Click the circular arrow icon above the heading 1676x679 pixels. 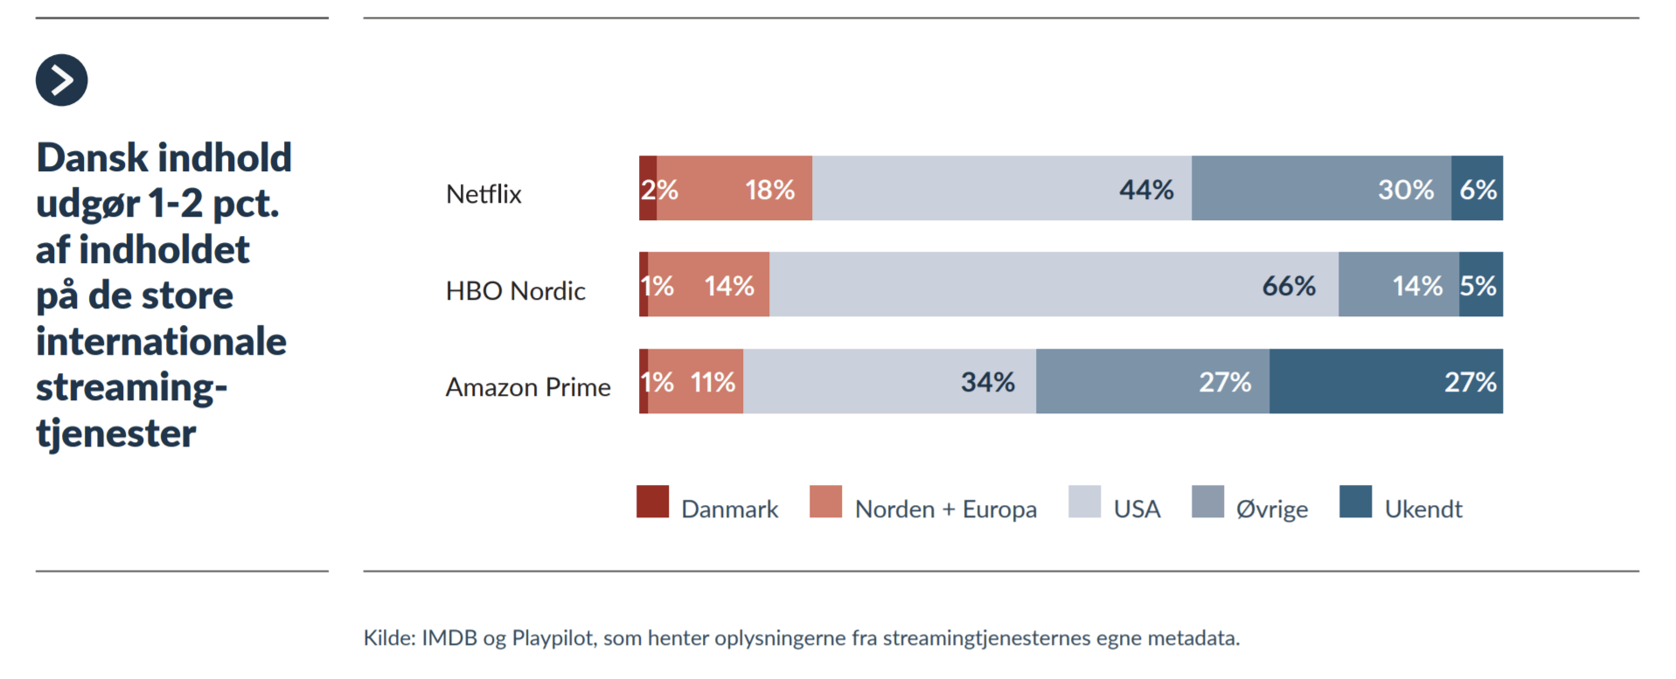[61, 80]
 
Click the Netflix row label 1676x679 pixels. [483, 194]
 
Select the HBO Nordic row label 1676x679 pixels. [515, 290]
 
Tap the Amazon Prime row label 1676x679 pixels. [528, 387]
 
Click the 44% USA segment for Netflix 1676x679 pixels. [1001, 189]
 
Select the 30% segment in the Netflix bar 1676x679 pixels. [1320, 189]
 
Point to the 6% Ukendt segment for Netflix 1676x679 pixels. [1477, 189]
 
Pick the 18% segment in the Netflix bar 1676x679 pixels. [734, 189]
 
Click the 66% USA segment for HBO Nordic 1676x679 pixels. [1054, 285]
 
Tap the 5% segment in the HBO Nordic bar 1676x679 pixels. [1480, 285]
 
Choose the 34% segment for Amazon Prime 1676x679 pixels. [889, 382]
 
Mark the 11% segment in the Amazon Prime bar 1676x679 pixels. [696, 382]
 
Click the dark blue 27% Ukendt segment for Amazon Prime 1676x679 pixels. [1386, 382]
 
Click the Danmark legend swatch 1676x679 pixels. [652, 502]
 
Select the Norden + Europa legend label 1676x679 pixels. [945, 509]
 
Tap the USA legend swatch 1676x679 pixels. [1084, 502]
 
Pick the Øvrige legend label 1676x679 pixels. [1271, 509]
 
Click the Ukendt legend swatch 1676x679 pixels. [1355, 502]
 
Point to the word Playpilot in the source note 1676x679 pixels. [553, 638]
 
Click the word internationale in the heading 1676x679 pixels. [161, 341]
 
